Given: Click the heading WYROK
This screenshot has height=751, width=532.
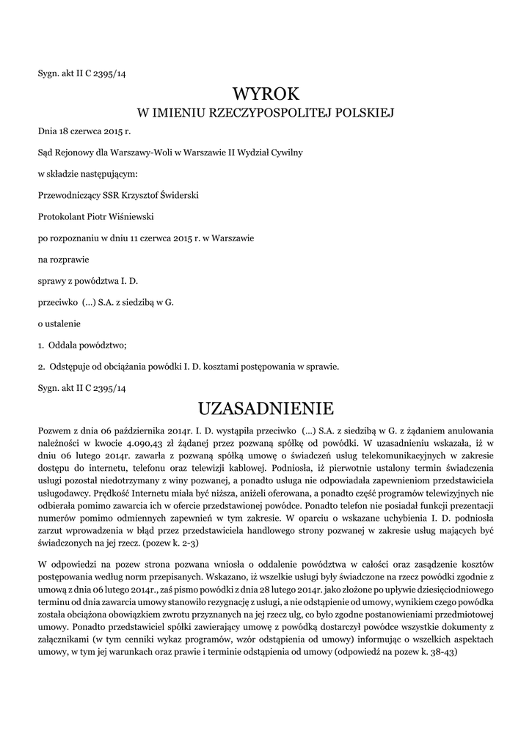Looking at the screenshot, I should coord(266,94).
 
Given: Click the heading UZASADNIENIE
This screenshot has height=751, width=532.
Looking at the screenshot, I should coord(266,407).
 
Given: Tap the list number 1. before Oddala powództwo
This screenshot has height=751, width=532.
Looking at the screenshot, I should coord(41,344).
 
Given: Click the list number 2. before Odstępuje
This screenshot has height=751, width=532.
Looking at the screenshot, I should coord(41,365).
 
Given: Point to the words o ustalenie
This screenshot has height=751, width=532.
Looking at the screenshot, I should coord(59,323).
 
